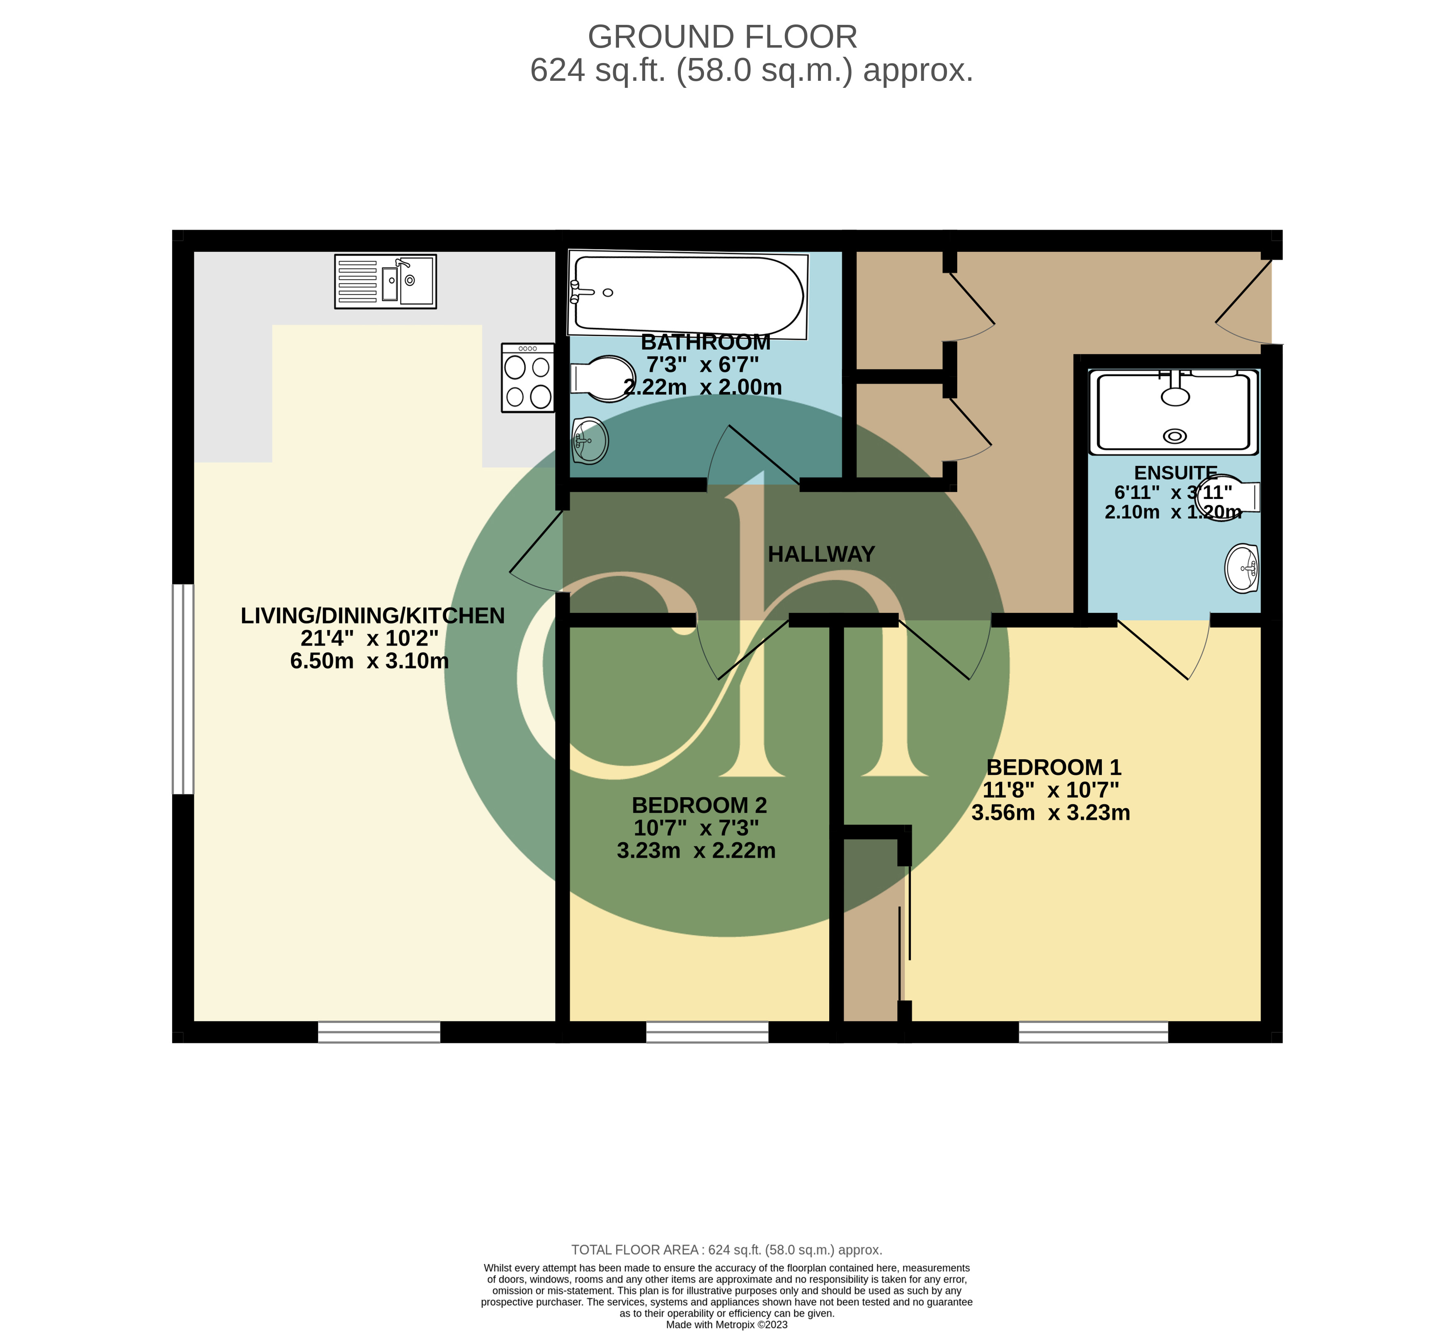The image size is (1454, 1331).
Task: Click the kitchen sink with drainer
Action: [x=385, y=281]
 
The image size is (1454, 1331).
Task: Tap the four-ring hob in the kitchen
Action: [x=528, y=378]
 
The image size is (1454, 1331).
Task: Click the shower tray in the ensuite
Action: [x=1173, y=412]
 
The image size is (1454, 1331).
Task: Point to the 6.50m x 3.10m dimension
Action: [x=369, y=661]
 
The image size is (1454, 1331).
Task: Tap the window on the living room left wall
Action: [x=183, y=689]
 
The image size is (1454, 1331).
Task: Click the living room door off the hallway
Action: [x=536, y=552]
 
